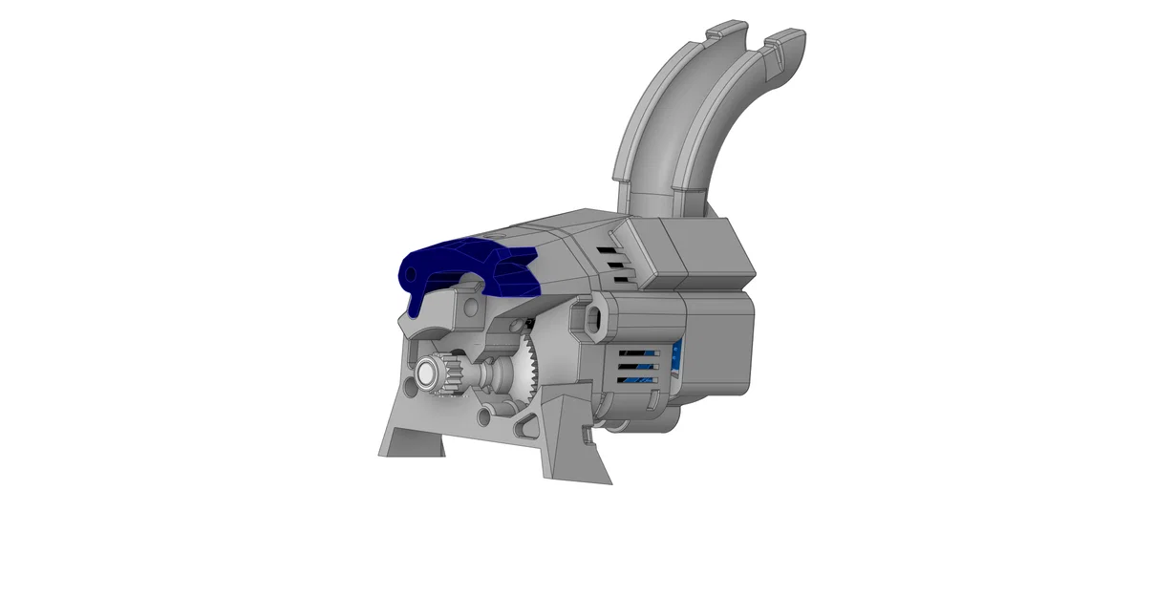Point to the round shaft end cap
pyautogui.click(x=424, y=376)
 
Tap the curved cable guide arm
pyautogui.click(x=669, y=124)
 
